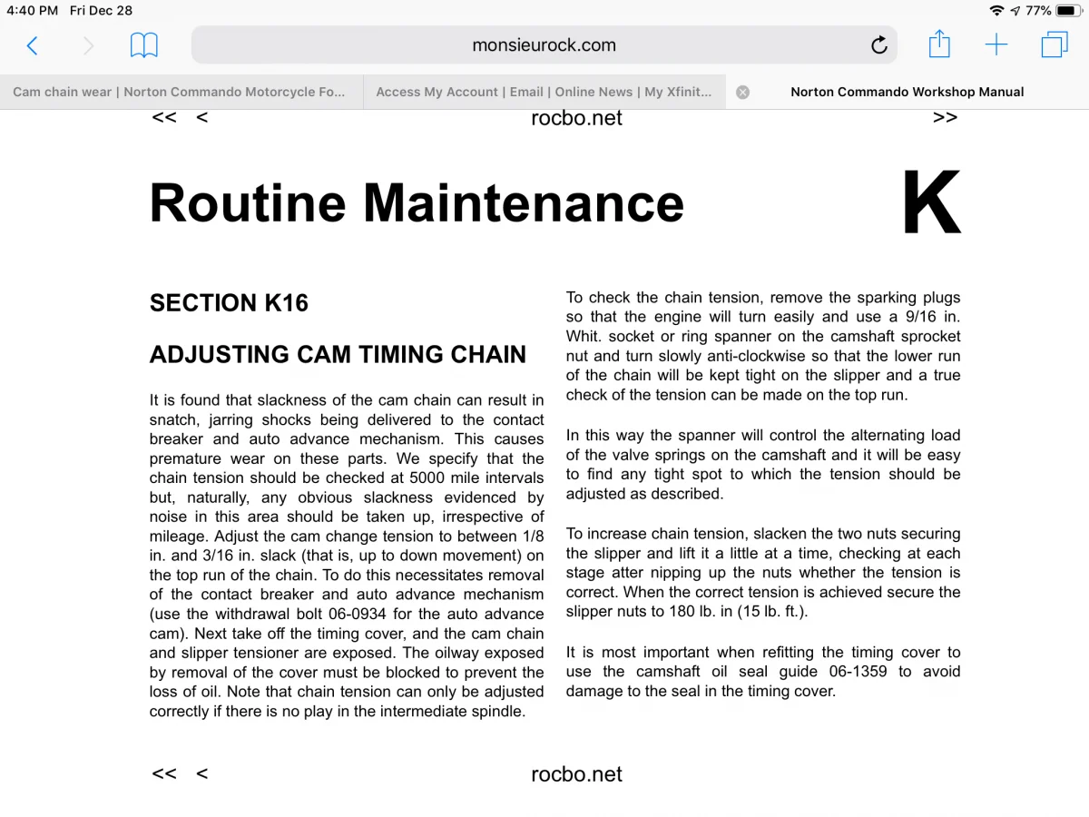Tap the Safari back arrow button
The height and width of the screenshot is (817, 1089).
coord(33,45)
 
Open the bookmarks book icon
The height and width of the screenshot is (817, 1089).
coord(144,45)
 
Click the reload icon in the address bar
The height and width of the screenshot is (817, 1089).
coord(878,45)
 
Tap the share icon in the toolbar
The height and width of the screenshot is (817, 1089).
coord(939,44)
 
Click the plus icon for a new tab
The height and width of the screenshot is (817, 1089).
coord(996,44)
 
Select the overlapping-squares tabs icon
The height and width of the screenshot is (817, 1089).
coord(1054,44)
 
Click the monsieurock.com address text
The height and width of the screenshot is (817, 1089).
coord(544,45)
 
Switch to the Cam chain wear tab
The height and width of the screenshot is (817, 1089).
coord(180,92)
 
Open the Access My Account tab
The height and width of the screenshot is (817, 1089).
coord(544,92)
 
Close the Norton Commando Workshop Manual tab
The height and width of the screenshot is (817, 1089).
coord(742,92)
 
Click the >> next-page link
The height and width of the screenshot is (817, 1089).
coord(945,117)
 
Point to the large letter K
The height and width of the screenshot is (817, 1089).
coord(930,204)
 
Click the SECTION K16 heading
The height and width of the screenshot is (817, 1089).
coord(229,303)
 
